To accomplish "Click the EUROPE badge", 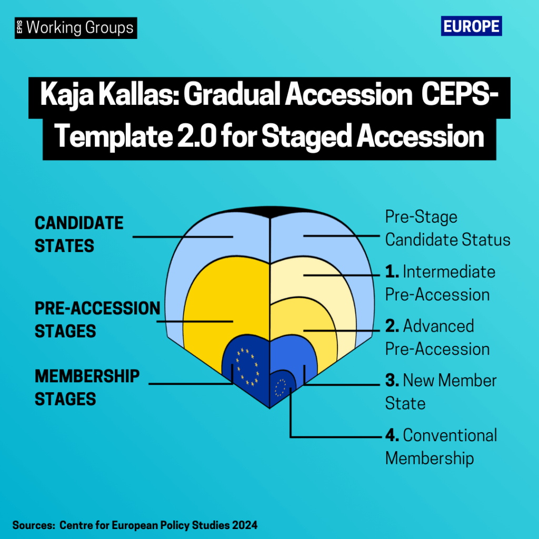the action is tap(471, 26).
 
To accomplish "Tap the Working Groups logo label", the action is tap(76, 28).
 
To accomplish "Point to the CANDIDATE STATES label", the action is tap(79, 234).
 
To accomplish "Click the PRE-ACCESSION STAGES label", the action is tap(97, 320).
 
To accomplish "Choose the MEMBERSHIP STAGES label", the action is tap(87, 387).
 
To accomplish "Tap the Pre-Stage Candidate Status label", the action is tap(447, 228).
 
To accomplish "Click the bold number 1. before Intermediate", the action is tap(392, 272).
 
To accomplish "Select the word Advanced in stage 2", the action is tap(438, 326).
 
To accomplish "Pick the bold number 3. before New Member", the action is tap(392, 380).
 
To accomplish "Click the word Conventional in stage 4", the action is tap(450, 435).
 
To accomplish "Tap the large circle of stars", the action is tap(247, 366).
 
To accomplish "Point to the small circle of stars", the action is tap(280, 387).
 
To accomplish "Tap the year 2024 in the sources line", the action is tap(244, 525).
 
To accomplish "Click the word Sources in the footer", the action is tap(34, 525).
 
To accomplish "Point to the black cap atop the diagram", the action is tap(270, 212).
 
